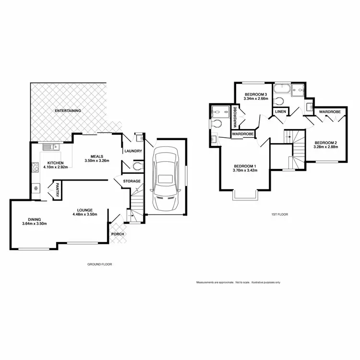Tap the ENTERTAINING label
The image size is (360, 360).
coord(68,110)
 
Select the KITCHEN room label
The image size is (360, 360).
coord(56,163)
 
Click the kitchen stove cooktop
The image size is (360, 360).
coord(35,168)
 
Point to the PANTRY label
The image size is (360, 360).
coord(57,189)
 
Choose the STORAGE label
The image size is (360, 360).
coord(132,181)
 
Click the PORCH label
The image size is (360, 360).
coord(118,234)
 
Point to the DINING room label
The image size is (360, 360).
coord(35,220)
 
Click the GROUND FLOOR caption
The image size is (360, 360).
coord(100,264)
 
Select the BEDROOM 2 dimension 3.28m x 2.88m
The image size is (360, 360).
coord(326,146)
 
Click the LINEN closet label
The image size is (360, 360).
coord(281,112)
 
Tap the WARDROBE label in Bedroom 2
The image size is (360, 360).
coord(330,111)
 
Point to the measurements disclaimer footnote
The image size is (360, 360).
coord(238,282)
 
